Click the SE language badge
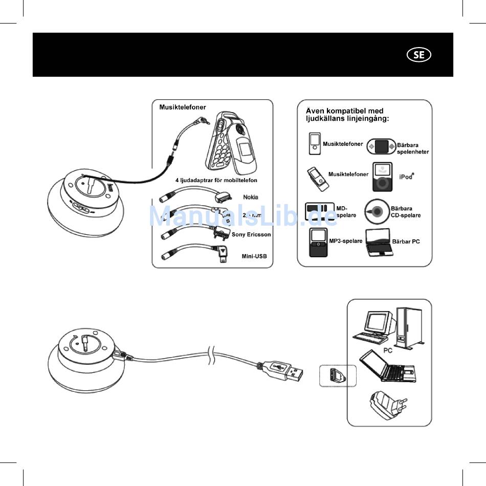(x=418, y=55)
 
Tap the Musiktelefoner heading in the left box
(x=183, y=107)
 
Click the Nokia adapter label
(x=251, y=197)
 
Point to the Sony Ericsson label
(x=251, y=235)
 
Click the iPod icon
(x=383, y=176)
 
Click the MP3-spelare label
(x=346, y=240)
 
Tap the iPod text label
(x=406, y=176)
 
